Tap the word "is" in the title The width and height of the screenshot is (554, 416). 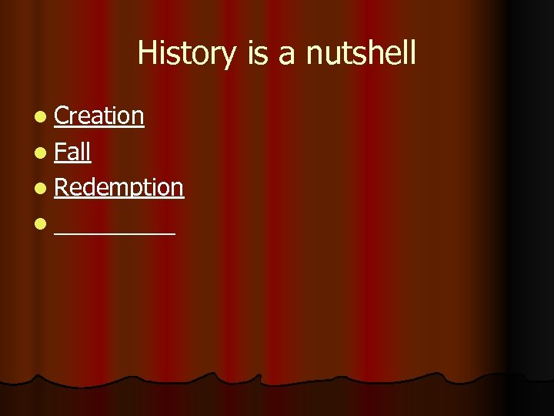(x=259, y=54)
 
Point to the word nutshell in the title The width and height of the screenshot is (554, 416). (x=361, y=54)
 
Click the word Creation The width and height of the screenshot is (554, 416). (x=99, y=116)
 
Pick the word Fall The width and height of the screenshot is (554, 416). (x=73, y=152)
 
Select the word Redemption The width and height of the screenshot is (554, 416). (x=119, y=187)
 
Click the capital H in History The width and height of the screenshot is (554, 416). (x=146, y=54)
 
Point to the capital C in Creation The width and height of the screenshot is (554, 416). (x=62, y=116)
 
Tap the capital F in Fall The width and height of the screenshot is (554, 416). (x=60, y=152)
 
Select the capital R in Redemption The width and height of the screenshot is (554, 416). (x=62, y=187)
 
